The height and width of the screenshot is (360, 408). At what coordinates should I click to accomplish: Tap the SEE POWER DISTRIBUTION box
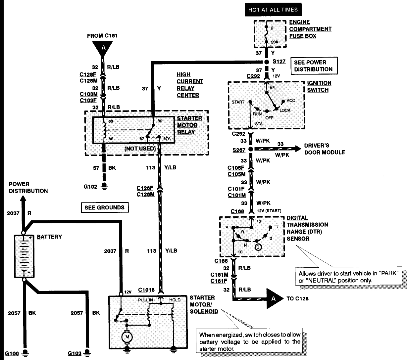pos(313,66)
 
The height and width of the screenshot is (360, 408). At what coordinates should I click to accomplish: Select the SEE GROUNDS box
pos(104,207)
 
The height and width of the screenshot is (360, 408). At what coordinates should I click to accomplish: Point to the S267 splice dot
pos(251,150)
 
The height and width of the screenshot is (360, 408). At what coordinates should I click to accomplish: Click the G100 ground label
pos(12,353)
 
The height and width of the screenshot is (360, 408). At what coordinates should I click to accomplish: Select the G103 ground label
pos(75,353)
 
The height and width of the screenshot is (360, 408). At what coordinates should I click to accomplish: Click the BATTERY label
pos(49,237)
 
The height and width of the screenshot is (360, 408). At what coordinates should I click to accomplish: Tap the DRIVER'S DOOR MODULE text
pos(325,149)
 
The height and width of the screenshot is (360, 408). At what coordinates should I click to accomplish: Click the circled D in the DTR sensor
pos(258,247)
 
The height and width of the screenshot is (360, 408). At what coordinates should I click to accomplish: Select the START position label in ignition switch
pos(238,102)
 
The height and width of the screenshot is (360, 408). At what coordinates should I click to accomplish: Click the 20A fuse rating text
pos(275,42)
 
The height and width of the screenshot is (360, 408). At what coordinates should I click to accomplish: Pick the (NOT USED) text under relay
pos(140,149)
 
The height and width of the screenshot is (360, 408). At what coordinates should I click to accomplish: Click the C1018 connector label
pos(146,290)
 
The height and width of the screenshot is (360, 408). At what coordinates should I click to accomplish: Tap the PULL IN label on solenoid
pos(145,300)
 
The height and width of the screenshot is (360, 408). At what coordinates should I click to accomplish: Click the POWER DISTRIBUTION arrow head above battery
pos(23,199)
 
